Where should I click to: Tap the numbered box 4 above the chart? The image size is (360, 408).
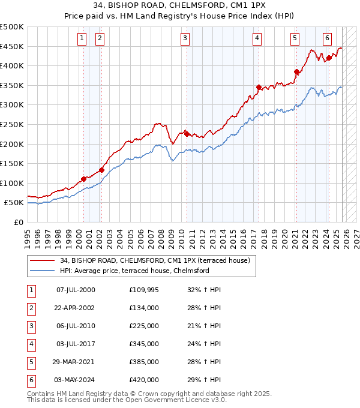coord(257,38)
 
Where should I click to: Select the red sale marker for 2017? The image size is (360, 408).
coord(259,88)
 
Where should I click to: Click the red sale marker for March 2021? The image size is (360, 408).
coord(296,72)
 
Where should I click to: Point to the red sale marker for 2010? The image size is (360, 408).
coord(187,134)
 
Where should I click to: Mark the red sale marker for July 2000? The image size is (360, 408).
coord(83,179)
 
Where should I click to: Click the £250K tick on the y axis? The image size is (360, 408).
coord(13,124)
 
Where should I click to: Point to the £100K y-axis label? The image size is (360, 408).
coord(13,183)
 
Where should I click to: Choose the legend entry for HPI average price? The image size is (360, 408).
coord(134,271)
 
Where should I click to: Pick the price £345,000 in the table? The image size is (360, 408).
coord(144,344)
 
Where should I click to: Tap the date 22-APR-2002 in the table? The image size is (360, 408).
coord(76,308)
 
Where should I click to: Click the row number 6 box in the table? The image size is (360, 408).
coord(31,380)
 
